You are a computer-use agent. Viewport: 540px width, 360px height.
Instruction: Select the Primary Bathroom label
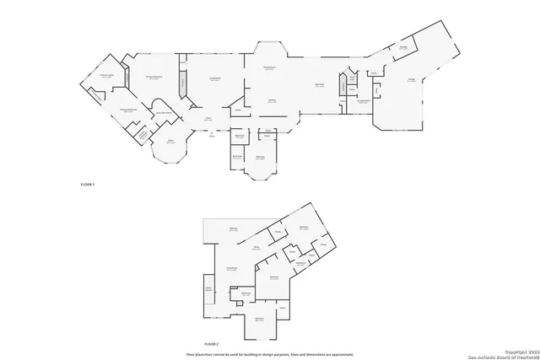[x=127, y=110]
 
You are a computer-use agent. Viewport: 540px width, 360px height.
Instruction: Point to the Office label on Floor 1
[x=170, y=142]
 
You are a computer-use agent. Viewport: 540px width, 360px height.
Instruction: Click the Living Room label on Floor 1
[x=215, y=79]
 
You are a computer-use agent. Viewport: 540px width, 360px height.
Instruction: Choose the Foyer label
[x=208, y=119]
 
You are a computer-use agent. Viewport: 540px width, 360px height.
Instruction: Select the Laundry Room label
[x=362, y=102]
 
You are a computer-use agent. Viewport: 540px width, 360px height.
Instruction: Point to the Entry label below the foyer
[x=212, y=134]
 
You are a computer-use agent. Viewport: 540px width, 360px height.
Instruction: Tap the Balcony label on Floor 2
[x=234, y=228]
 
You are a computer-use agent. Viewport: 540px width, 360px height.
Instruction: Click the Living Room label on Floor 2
[x=230, y=269]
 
